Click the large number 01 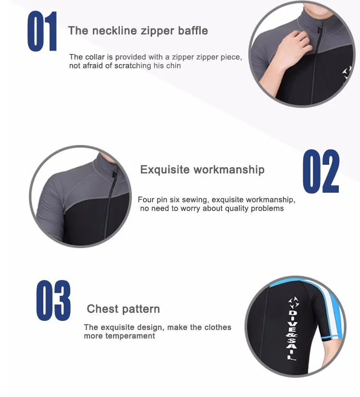click(42, 31)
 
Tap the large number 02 click(321, 171)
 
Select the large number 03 click(53, 301)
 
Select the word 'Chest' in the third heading click(103, 309)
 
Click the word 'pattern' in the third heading click(141, 309)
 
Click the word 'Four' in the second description click(146, 199)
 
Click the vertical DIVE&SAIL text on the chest click(292, 334)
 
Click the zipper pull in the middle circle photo click(115, 175)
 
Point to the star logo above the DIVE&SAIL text click(294, 303)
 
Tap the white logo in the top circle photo click(347, 72)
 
